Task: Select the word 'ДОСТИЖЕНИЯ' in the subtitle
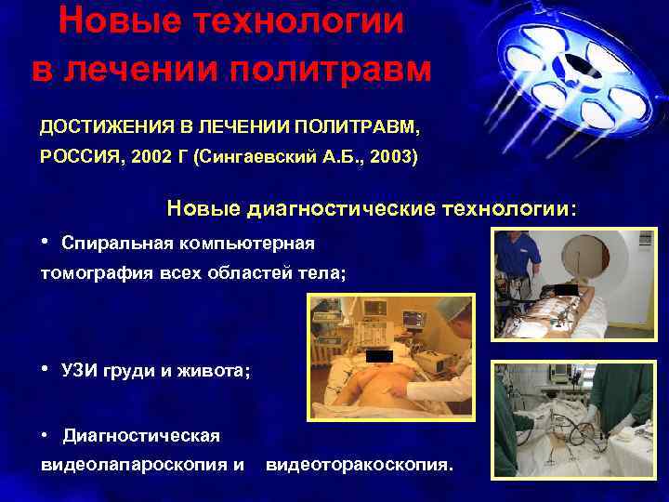(x=97, y=125)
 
